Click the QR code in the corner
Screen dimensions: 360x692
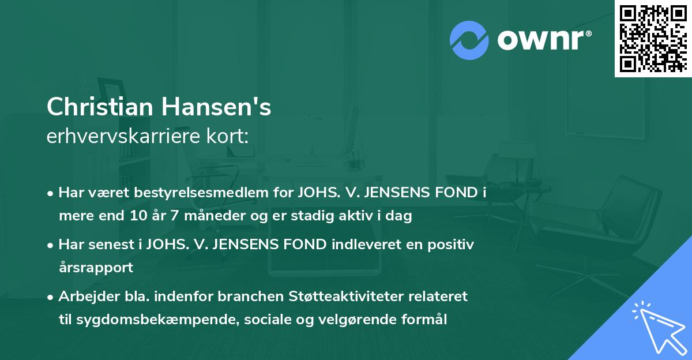pos(653,39)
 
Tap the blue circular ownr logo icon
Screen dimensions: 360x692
pos(469,39)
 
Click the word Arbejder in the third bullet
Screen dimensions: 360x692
pos(83,297)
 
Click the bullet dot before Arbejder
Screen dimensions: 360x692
pos(51,297)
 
